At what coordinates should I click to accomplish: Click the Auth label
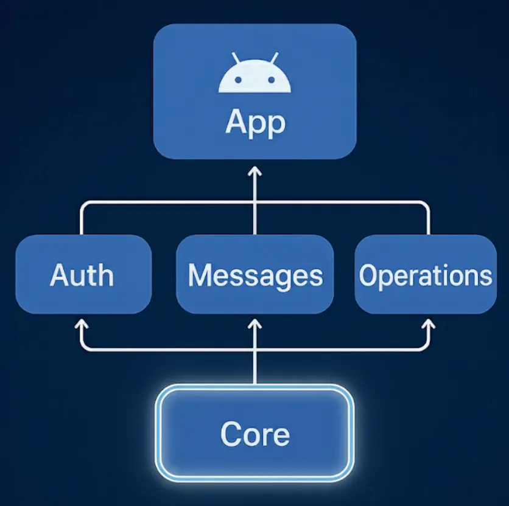point(82,276)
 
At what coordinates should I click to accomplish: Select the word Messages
point(255,276)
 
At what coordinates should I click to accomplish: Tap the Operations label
point(425,276)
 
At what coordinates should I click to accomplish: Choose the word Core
point(255,434)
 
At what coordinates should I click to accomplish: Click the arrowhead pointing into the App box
point(255,172)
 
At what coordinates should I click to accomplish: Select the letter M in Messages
point(201,276)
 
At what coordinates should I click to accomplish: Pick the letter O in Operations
point(368,276)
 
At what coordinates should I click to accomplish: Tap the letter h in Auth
point(105,275)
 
